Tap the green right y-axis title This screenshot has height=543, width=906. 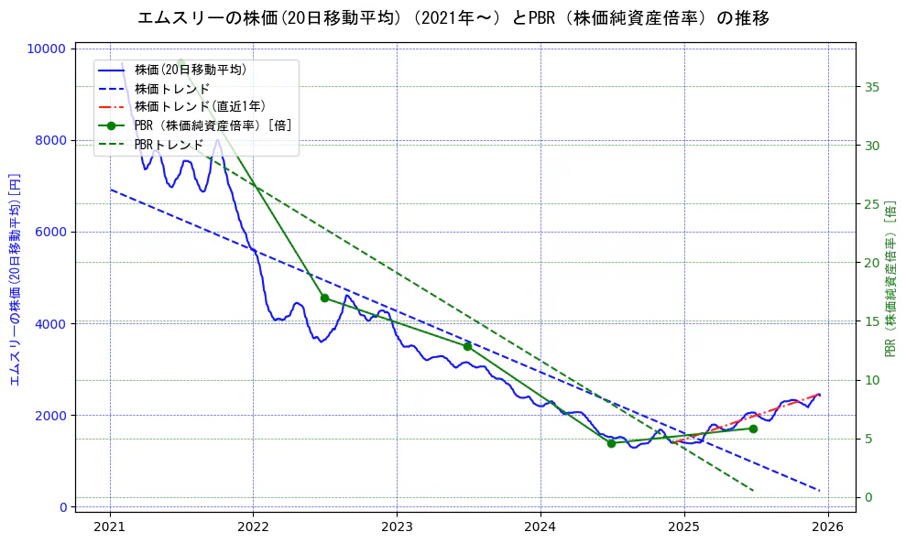[x=890, y=278]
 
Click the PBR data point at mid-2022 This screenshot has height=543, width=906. [x=324, y=298]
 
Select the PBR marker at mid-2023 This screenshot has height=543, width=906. [x=467, y=346]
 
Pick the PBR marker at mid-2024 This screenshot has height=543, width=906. [x=611, y=443]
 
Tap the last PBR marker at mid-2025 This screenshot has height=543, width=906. [x=753, y=429]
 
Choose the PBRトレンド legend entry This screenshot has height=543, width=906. [x=169, y=145]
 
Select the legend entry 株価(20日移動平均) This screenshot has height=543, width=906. [x=190, y=69]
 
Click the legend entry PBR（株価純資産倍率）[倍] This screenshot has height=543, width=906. [x=213, y=125]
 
